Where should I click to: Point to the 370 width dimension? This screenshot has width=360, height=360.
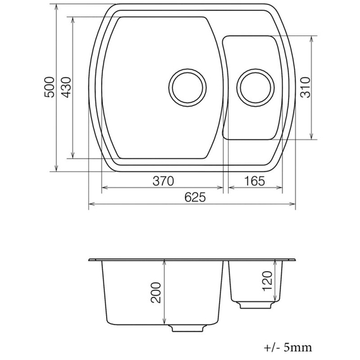162,181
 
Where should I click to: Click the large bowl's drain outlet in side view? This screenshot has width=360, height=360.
188,328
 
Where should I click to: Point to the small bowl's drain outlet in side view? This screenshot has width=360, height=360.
255,305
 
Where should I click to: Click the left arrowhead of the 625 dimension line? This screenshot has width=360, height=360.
90,204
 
